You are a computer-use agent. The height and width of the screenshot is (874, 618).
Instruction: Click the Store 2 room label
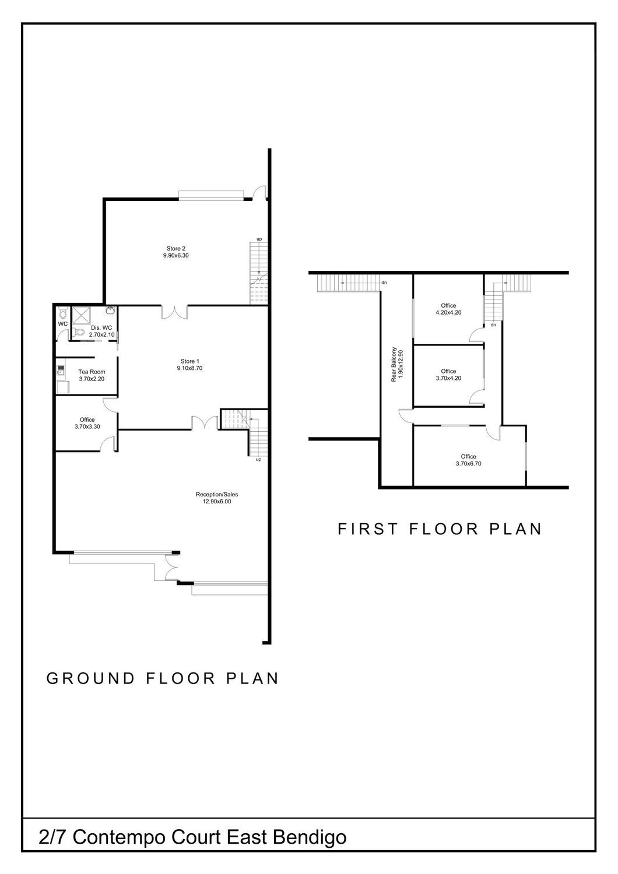(x=175, y=249)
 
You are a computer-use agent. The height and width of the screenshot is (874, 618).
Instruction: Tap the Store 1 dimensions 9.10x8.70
(x=189, y=368)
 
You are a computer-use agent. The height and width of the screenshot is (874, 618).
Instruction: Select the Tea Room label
(x=92, y=372)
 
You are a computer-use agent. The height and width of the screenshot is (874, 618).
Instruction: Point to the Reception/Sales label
(x=217, y=494)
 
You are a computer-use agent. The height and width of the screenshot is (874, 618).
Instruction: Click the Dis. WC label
(x=101, y=327)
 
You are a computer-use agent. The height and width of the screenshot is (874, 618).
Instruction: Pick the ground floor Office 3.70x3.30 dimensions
(x=87, y=427)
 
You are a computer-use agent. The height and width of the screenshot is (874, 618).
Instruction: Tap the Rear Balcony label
(x=394, y=364)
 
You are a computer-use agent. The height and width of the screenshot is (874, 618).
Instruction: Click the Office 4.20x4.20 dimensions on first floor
(x=448, y=312)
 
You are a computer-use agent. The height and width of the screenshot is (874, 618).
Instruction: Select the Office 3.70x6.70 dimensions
(x=469, y=464)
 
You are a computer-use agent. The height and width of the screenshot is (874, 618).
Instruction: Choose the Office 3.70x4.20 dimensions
(x=448, y=378)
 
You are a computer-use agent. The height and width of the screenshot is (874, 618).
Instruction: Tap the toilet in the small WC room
(x=62, y=313)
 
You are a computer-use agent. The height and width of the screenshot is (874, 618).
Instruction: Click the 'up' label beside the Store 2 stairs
(x=259, y=239)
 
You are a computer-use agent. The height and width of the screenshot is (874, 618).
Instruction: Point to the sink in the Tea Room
(x=61, y=370)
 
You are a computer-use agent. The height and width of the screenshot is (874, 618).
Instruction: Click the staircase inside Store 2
(x=259, y=273)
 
